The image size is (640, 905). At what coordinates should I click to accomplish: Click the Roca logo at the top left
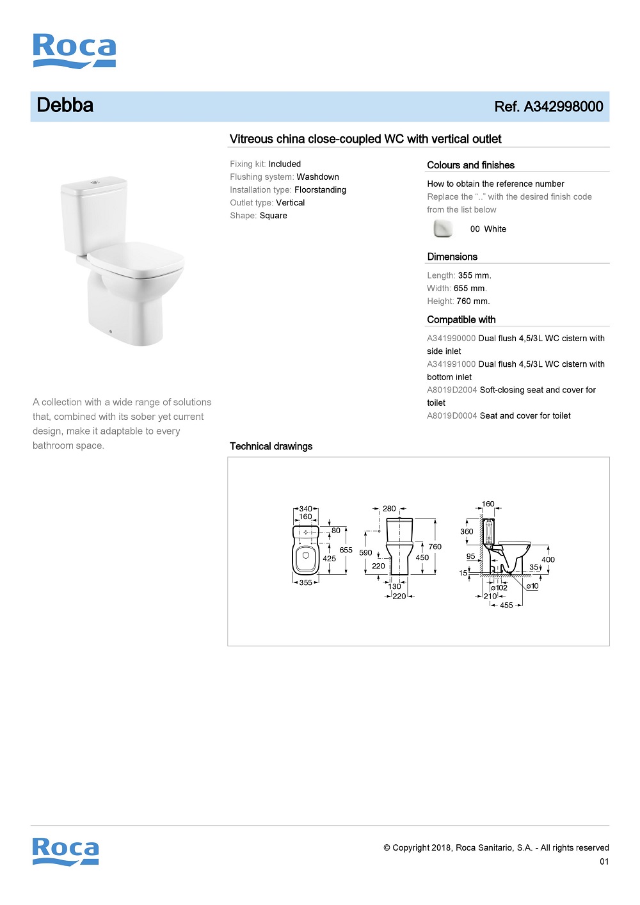click(74, 51)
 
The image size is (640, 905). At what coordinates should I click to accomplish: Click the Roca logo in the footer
click(66, 851)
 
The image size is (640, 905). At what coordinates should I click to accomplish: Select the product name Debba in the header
click(65, 106)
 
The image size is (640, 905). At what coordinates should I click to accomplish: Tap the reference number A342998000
click(563, 107)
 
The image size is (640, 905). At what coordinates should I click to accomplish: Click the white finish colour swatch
click(443, 228)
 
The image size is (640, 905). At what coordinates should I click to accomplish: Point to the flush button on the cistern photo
click(95, 182)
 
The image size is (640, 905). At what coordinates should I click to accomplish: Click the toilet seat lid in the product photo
click(136, 259)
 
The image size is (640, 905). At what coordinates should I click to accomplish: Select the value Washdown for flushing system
click(317, 177)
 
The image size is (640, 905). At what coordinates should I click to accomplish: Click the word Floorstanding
click(320, 190)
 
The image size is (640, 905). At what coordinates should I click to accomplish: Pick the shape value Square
click(273, 216)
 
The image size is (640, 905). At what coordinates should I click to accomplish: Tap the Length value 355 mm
click(474, 276)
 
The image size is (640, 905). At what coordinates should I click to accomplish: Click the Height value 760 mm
click(473, 301)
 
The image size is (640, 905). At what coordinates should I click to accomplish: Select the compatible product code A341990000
click(451, 339)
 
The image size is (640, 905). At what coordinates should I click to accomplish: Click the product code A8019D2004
click(452, 390)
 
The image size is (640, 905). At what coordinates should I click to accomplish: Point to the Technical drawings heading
click(271, 446)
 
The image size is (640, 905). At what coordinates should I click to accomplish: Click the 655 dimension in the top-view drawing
click(346, 550)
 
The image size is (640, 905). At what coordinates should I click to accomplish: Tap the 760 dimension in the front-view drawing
click(435, 547)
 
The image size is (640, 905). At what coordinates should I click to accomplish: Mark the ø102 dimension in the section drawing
click(499, 588)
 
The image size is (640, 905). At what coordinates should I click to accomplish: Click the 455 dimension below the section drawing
click(506, 605)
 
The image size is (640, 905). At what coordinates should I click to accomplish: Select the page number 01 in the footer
click(604, 861)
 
